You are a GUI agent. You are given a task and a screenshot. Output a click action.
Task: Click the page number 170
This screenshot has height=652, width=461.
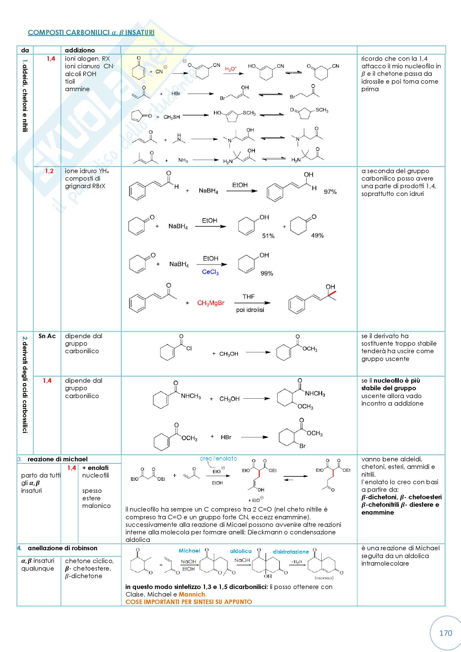click(x=445, y=633)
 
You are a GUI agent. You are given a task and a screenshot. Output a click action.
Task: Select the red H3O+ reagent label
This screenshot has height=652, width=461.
click(x=231, y=69)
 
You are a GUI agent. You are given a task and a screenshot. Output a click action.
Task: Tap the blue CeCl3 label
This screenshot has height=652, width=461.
click(x=210, y=272)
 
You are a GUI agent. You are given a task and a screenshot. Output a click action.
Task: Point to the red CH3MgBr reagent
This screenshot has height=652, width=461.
click(x=211, y=303)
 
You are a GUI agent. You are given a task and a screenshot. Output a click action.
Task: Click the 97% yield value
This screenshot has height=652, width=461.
click(x=330, y=192)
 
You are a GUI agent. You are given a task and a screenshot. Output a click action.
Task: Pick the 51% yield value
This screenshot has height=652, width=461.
click(x=268, y=236)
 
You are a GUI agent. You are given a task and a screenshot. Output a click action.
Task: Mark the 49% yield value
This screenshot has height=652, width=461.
click(x=317, y=236)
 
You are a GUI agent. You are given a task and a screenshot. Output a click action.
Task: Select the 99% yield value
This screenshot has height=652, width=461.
click(x=267, y=273)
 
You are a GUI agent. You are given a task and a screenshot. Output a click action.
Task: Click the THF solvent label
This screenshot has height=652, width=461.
click(x=248, y=297)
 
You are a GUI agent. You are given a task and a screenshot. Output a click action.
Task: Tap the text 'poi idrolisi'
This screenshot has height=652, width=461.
click(x=250, y=310)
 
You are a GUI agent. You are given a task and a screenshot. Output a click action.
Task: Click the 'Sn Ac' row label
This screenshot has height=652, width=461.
click(x=47, y=336)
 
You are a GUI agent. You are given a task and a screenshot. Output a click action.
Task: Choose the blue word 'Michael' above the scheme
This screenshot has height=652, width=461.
click(x=189, y=551)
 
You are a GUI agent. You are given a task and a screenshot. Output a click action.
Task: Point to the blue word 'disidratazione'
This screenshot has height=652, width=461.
click(x=291, y=551)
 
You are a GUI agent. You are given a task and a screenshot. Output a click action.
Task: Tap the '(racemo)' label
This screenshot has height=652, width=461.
click(x=324, y=578)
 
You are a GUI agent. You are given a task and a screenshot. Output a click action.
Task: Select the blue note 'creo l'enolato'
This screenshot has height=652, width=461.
click(x=218, y=459)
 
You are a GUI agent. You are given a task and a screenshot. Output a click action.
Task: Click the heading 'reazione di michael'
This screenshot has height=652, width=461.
click(x=57, y=459)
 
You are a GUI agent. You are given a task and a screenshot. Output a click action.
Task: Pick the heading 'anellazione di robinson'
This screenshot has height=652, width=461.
click(x=62, y=548)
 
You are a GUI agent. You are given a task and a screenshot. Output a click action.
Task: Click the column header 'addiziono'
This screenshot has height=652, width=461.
click(x=80, y=50)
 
